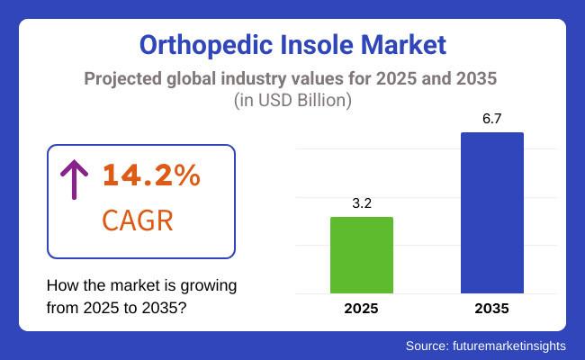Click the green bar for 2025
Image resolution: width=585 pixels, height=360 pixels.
coord(362,255)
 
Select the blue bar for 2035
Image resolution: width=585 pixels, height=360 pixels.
coord(492,212)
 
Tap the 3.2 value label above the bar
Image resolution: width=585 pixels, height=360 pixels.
coord(362,203)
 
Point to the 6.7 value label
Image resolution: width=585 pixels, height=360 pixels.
coord(492,119)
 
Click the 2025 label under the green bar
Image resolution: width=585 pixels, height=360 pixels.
coord(362,308)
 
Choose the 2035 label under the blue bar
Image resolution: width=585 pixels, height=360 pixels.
coord(492,308)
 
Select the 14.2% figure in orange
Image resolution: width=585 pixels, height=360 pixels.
coord(150,176)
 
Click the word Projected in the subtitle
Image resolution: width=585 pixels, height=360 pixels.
coord(123,78)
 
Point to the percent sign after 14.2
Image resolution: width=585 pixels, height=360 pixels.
coord(187,176)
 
